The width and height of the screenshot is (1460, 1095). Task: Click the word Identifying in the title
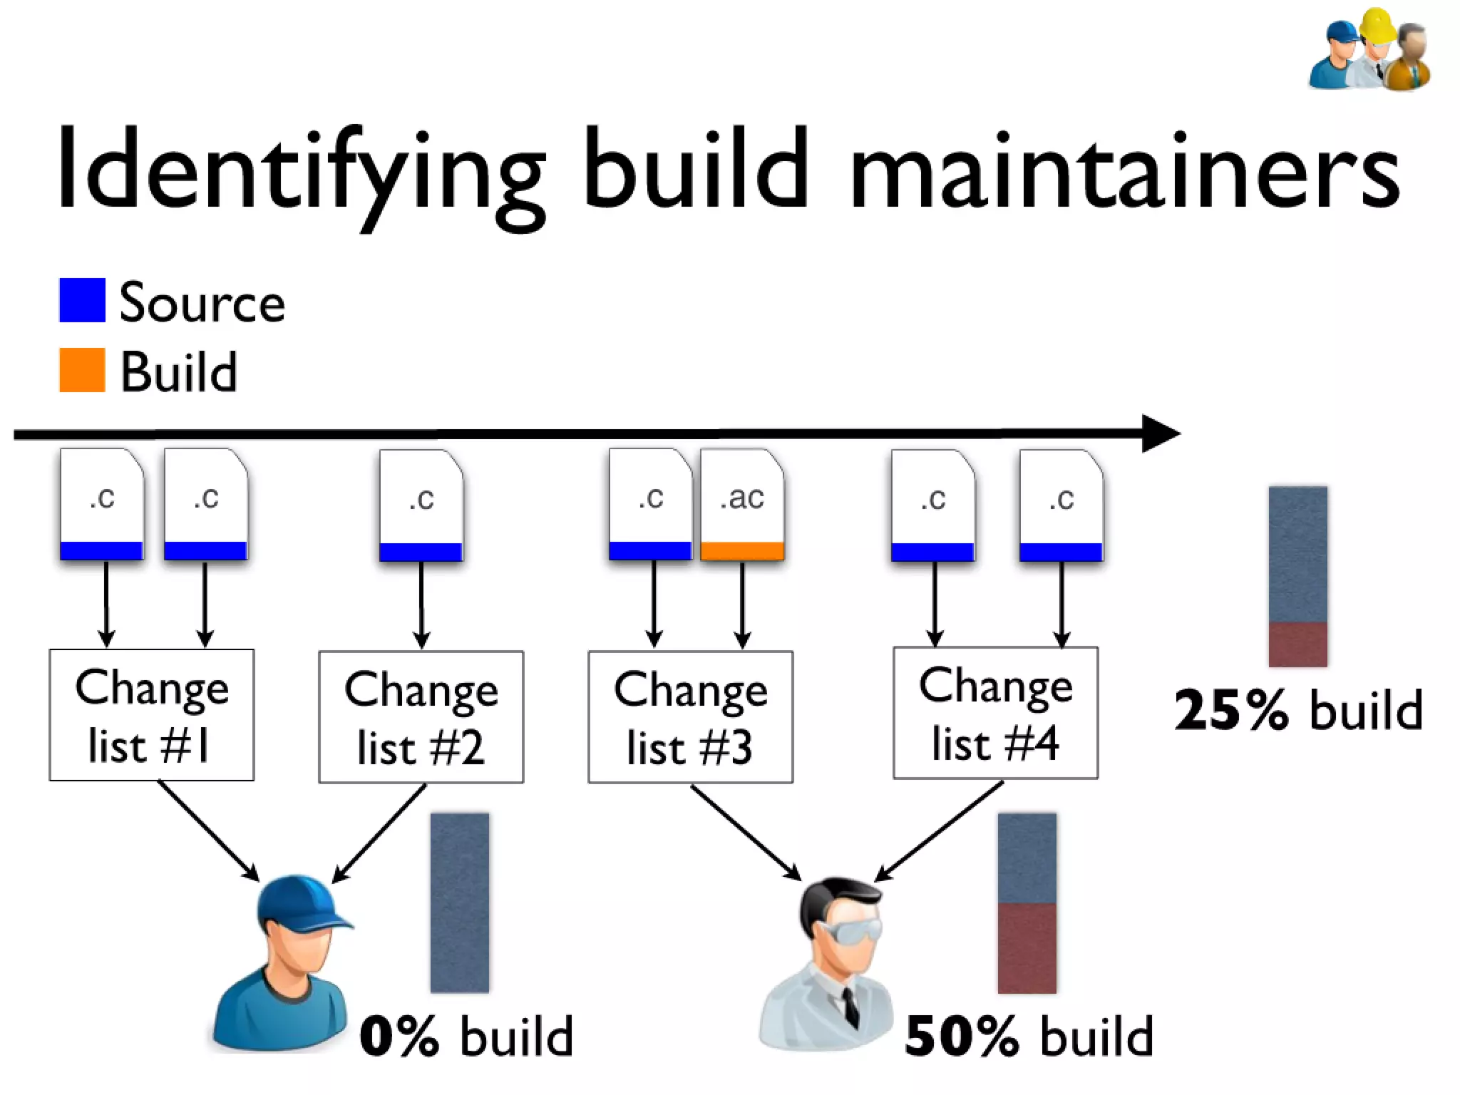pyautogui.click(x=299, y=171)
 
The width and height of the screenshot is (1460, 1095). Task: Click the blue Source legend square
pyautogui.click(x=82, y=300)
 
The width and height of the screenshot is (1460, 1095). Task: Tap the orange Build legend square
pyautogui.click(x=82, y=370)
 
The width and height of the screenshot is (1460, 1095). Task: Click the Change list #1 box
pyautogui.click(x=151, y=715)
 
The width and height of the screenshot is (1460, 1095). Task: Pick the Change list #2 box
pyautogui.click(x=421, y=717)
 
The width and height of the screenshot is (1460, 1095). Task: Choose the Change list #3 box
pyautogui.click(x=690, y=717)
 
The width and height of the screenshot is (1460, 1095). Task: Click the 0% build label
pyautogui.click(x=467, y=1037)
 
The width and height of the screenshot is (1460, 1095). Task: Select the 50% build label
pyautogui.click(x=1029, y=1037)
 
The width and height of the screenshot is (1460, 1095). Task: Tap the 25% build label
pyautogui.click(x=1298, y=710)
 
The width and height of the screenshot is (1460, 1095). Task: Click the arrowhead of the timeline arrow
pyautogui.click(x=1158, y=433)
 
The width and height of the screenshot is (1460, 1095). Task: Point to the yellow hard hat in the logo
pyautogui.click(x=1377, y=26)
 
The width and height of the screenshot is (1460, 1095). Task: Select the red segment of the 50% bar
pyautogui.click(x=1027, y=948)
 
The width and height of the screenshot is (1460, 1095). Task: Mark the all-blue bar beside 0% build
pyautogui.click(x=460, y=903)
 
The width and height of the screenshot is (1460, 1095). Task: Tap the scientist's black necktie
pyautogui.click(x=850, y=1005)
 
